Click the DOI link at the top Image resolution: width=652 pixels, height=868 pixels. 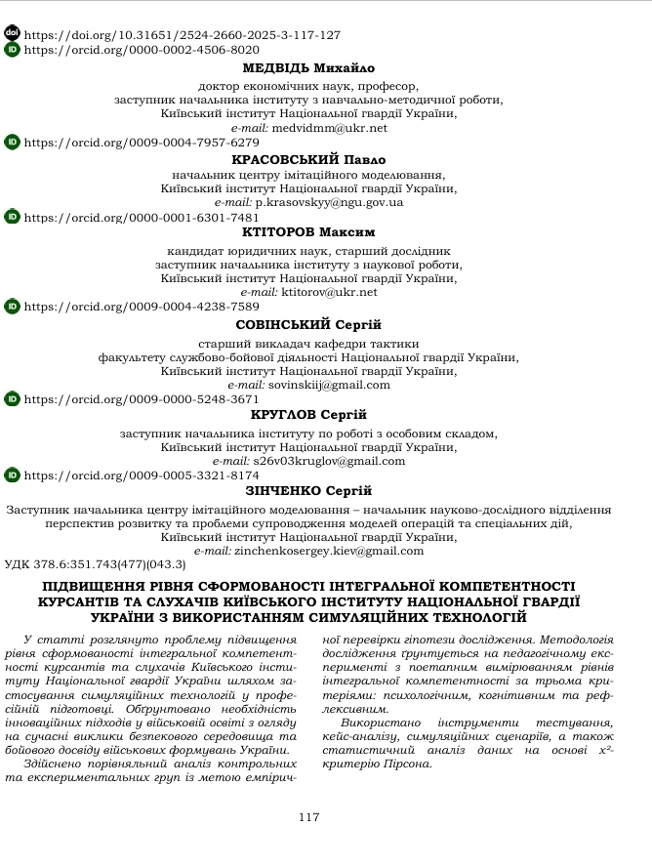(x=182, y=35)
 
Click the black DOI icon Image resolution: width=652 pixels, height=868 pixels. (x=12, y=33)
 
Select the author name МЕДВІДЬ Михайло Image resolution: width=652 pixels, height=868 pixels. (x=308, y=68)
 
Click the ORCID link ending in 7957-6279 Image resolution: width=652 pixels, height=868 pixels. (x=141, y=143)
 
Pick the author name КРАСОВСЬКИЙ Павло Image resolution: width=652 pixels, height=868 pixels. (x=308, y=159)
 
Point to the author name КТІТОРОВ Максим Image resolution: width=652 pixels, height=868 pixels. (x=308, y=232)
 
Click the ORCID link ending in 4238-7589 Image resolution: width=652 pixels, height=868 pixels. (x=141, y=307)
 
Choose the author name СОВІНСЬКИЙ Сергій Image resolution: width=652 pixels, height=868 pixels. (x=308, y=324)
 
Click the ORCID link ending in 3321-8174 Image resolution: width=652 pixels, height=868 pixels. (x=141, y=475)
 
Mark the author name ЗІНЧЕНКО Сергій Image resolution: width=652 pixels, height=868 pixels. (x=308, y=491)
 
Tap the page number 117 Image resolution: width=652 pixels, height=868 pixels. (x=308, y=817)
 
